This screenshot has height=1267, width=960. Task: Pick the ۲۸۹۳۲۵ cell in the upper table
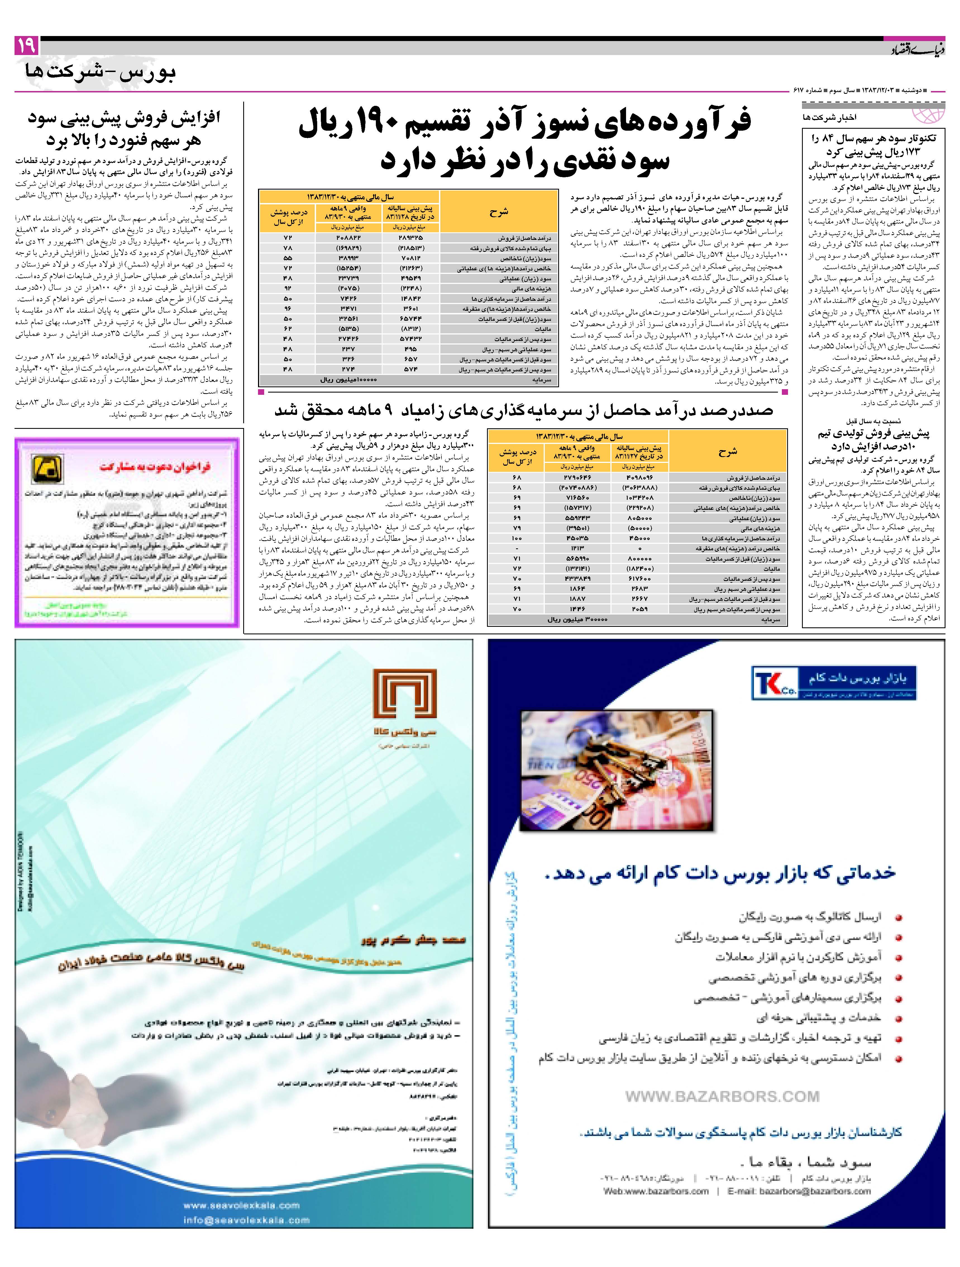coord(410,237)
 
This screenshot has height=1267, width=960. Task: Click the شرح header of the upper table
coord(498,212)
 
